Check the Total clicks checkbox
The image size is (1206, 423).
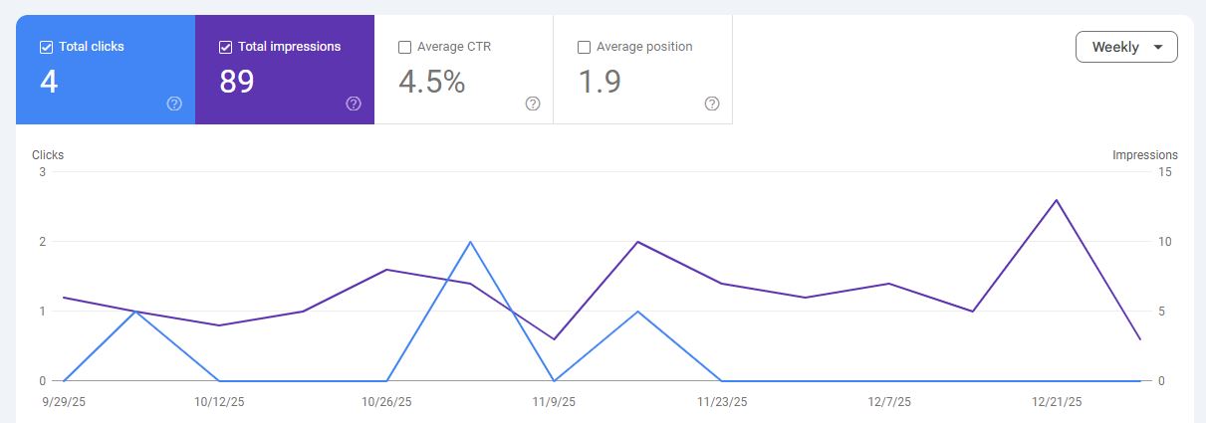[46, 47]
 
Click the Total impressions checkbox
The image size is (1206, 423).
[225, 47]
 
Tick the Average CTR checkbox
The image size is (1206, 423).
[404, 47]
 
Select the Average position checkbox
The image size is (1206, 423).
[584, 47]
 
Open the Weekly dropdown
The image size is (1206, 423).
[1126, 47]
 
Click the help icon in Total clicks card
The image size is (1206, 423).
[174, 104]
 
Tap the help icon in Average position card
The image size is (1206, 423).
[712, 104]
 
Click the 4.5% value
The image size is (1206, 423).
[431, 82]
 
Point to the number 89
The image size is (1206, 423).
[237, 82]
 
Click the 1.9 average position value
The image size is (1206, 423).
[600, 82]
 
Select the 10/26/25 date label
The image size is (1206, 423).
[386, 402]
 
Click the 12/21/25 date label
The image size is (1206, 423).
[1056, 402]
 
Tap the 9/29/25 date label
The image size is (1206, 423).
[65, 402]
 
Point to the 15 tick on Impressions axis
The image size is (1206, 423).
[1164, 172]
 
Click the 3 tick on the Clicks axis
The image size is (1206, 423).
[43, 172]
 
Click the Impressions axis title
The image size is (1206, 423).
[1144, 155]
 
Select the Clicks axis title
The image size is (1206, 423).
[48, 155]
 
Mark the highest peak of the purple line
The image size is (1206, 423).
[1056, 200]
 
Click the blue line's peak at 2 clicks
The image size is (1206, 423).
[470, 242]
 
